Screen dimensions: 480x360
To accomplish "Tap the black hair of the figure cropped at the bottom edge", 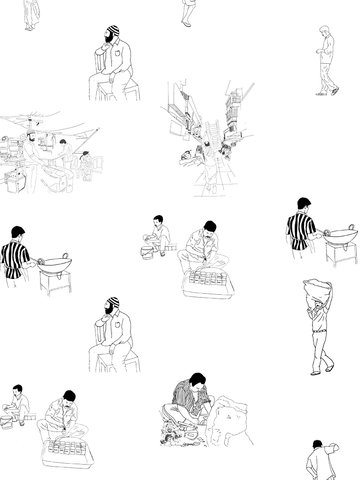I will click(318, 444).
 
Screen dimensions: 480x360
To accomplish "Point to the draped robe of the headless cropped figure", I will click(187, 8).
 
